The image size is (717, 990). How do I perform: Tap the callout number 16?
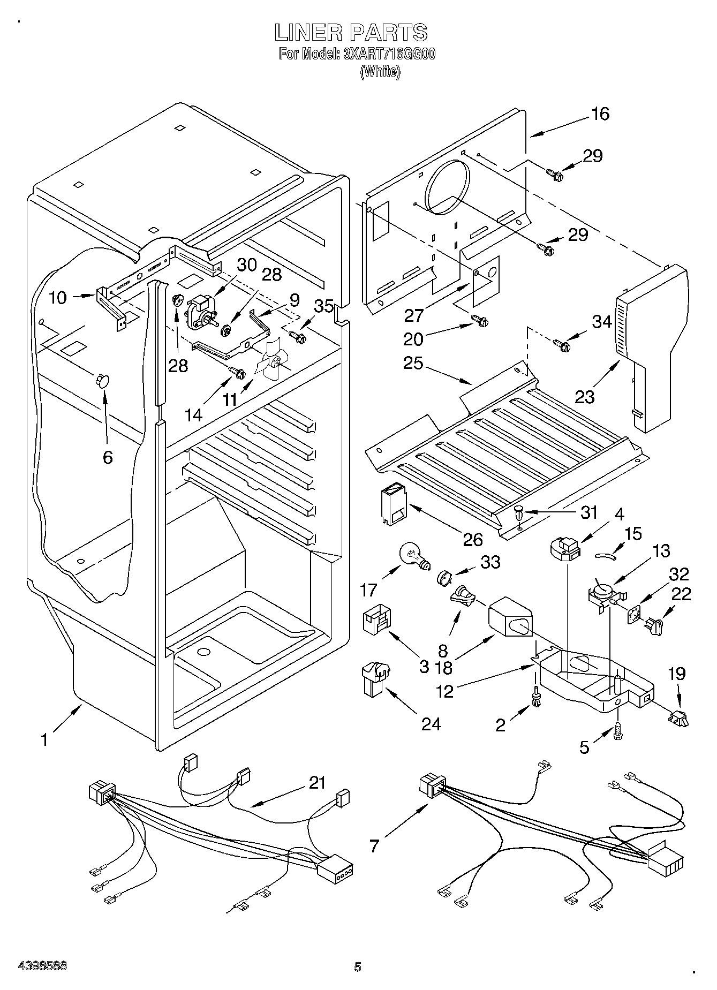600,114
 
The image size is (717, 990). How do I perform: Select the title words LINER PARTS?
351,33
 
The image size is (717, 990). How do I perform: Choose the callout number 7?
374,845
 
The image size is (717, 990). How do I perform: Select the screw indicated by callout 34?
561,345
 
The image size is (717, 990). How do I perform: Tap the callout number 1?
45,739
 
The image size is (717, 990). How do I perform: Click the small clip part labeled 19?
678,716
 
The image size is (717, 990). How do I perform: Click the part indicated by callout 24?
376,679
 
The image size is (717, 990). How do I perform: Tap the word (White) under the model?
380,72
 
